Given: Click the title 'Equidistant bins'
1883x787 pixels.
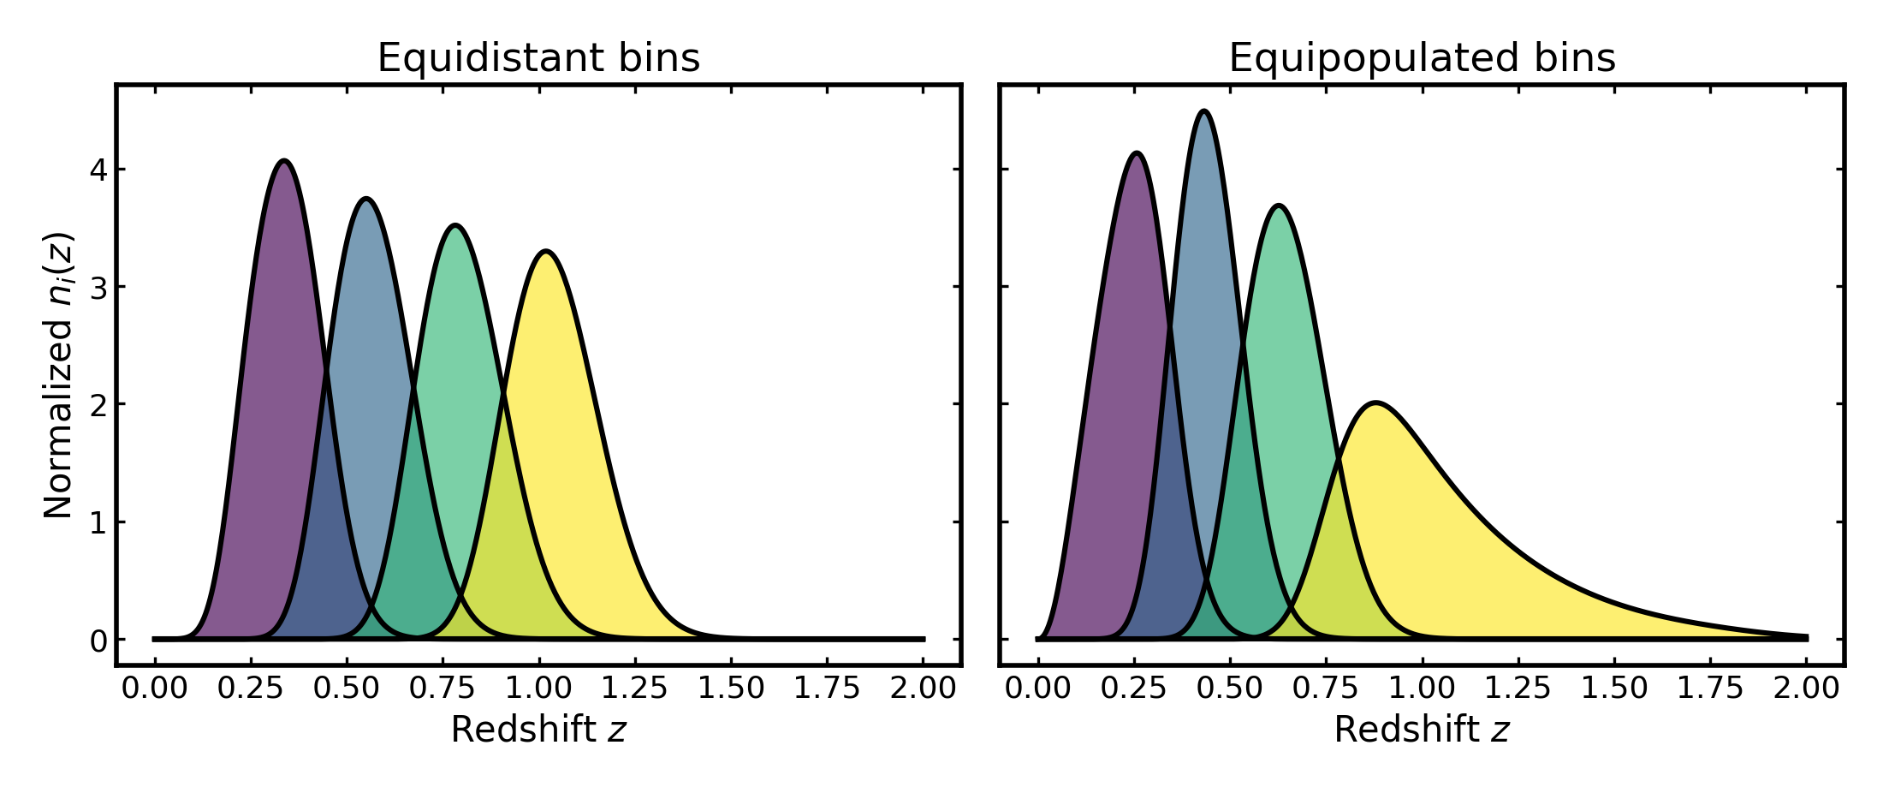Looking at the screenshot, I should pyautogui.click(x=538, y=58).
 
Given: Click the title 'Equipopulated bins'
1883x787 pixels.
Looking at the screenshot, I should pyautogui.click(x=1422, y=58).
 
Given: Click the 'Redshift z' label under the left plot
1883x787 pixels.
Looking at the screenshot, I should pyautogui.click(x=538, y=730).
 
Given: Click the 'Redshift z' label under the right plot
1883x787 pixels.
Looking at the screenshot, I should pyautogui.click(x=1422, y=730).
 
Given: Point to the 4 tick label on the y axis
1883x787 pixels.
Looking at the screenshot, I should pyautogui.click(x=98, y=170).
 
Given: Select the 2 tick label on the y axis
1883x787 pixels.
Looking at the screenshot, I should pyautogui.click(x=98, y=404).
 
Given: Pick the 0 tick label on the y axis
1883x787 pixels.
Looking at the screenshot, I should pyautogui.click(x=98, y=640).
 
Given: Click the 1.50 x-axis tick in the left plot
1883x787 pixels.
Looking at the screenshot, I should pyautogui.click(x=731, y=688).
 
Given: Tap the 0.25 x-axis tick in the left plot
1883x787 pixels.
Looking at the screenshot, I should pyautogui.click(x=251, y=688).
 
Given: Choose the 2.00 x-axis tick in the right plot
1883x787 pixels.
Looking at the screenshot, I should pyautogui.click(x=1806, y=688).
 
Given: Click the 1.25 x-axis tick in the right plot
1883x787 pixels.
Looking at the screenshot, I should pyautogui.click(x=1518, y=688).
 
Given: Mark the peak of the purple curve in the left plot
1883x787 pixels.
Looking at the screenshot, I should pyautogui.click(x=284, y=161).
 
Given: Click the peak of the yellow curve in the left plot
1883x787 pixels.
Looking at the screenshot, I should pyautogui.click(x=546, y=252).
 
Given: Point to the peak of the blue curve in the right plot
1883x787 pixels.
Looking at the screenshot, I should pyautogui.click(x=1204, y=111).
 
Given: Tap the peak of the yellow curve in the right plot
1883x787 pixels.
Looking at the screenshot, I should pyautogui.click(x=1375, y=402).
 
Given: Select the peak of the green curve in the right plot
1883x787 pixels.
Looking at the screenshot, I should pyautogui.click(x=1279, y=206).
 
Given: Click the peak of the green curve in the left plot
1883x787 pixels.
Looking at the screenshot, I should pyautogui.click(x=455, y=226).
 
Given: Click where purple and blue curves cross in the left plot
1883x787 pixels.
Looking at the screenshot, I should pyautogui.click(x=326, y=371).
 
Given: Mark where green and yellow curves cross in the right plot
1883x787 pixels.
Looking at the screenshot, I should pyautogui.click(x=1339, y=462).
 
